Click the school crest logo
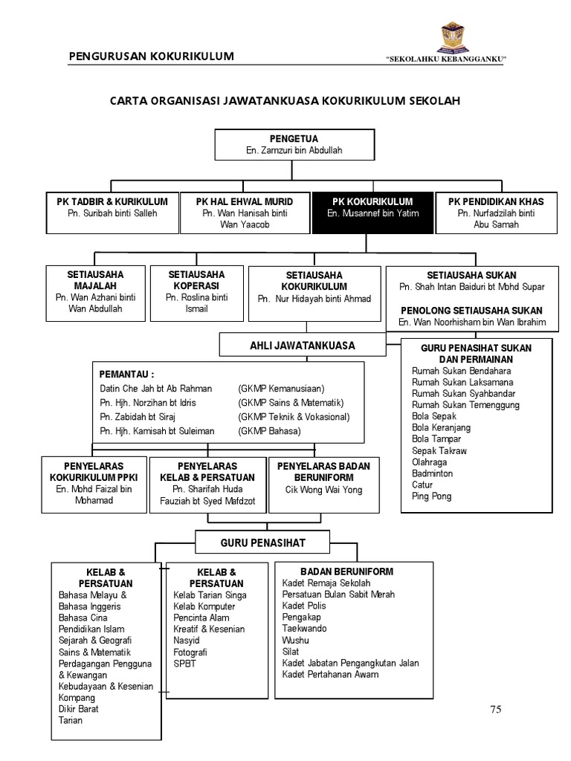pos(454,37)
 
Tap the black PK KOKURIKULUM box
pos(372,213)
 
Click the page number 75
pos(495,709)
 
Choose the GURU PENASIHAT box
pos(252,543)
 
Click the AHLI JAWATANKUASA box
pos(302,345)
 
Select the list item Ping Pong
pos(431,496)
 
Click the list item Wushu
pos(295,640)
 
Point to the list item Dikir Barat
pos(79,709)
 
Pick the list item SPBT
pos(184,664)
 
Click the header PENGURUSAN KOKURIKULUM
pos(151,56)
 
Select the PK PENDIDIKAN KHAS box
pos(495,213)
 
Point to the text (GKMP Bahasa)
pos(269,431)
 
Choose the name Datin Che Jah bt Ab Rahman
pos(155,389)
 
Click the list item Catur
pos(422,485)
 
